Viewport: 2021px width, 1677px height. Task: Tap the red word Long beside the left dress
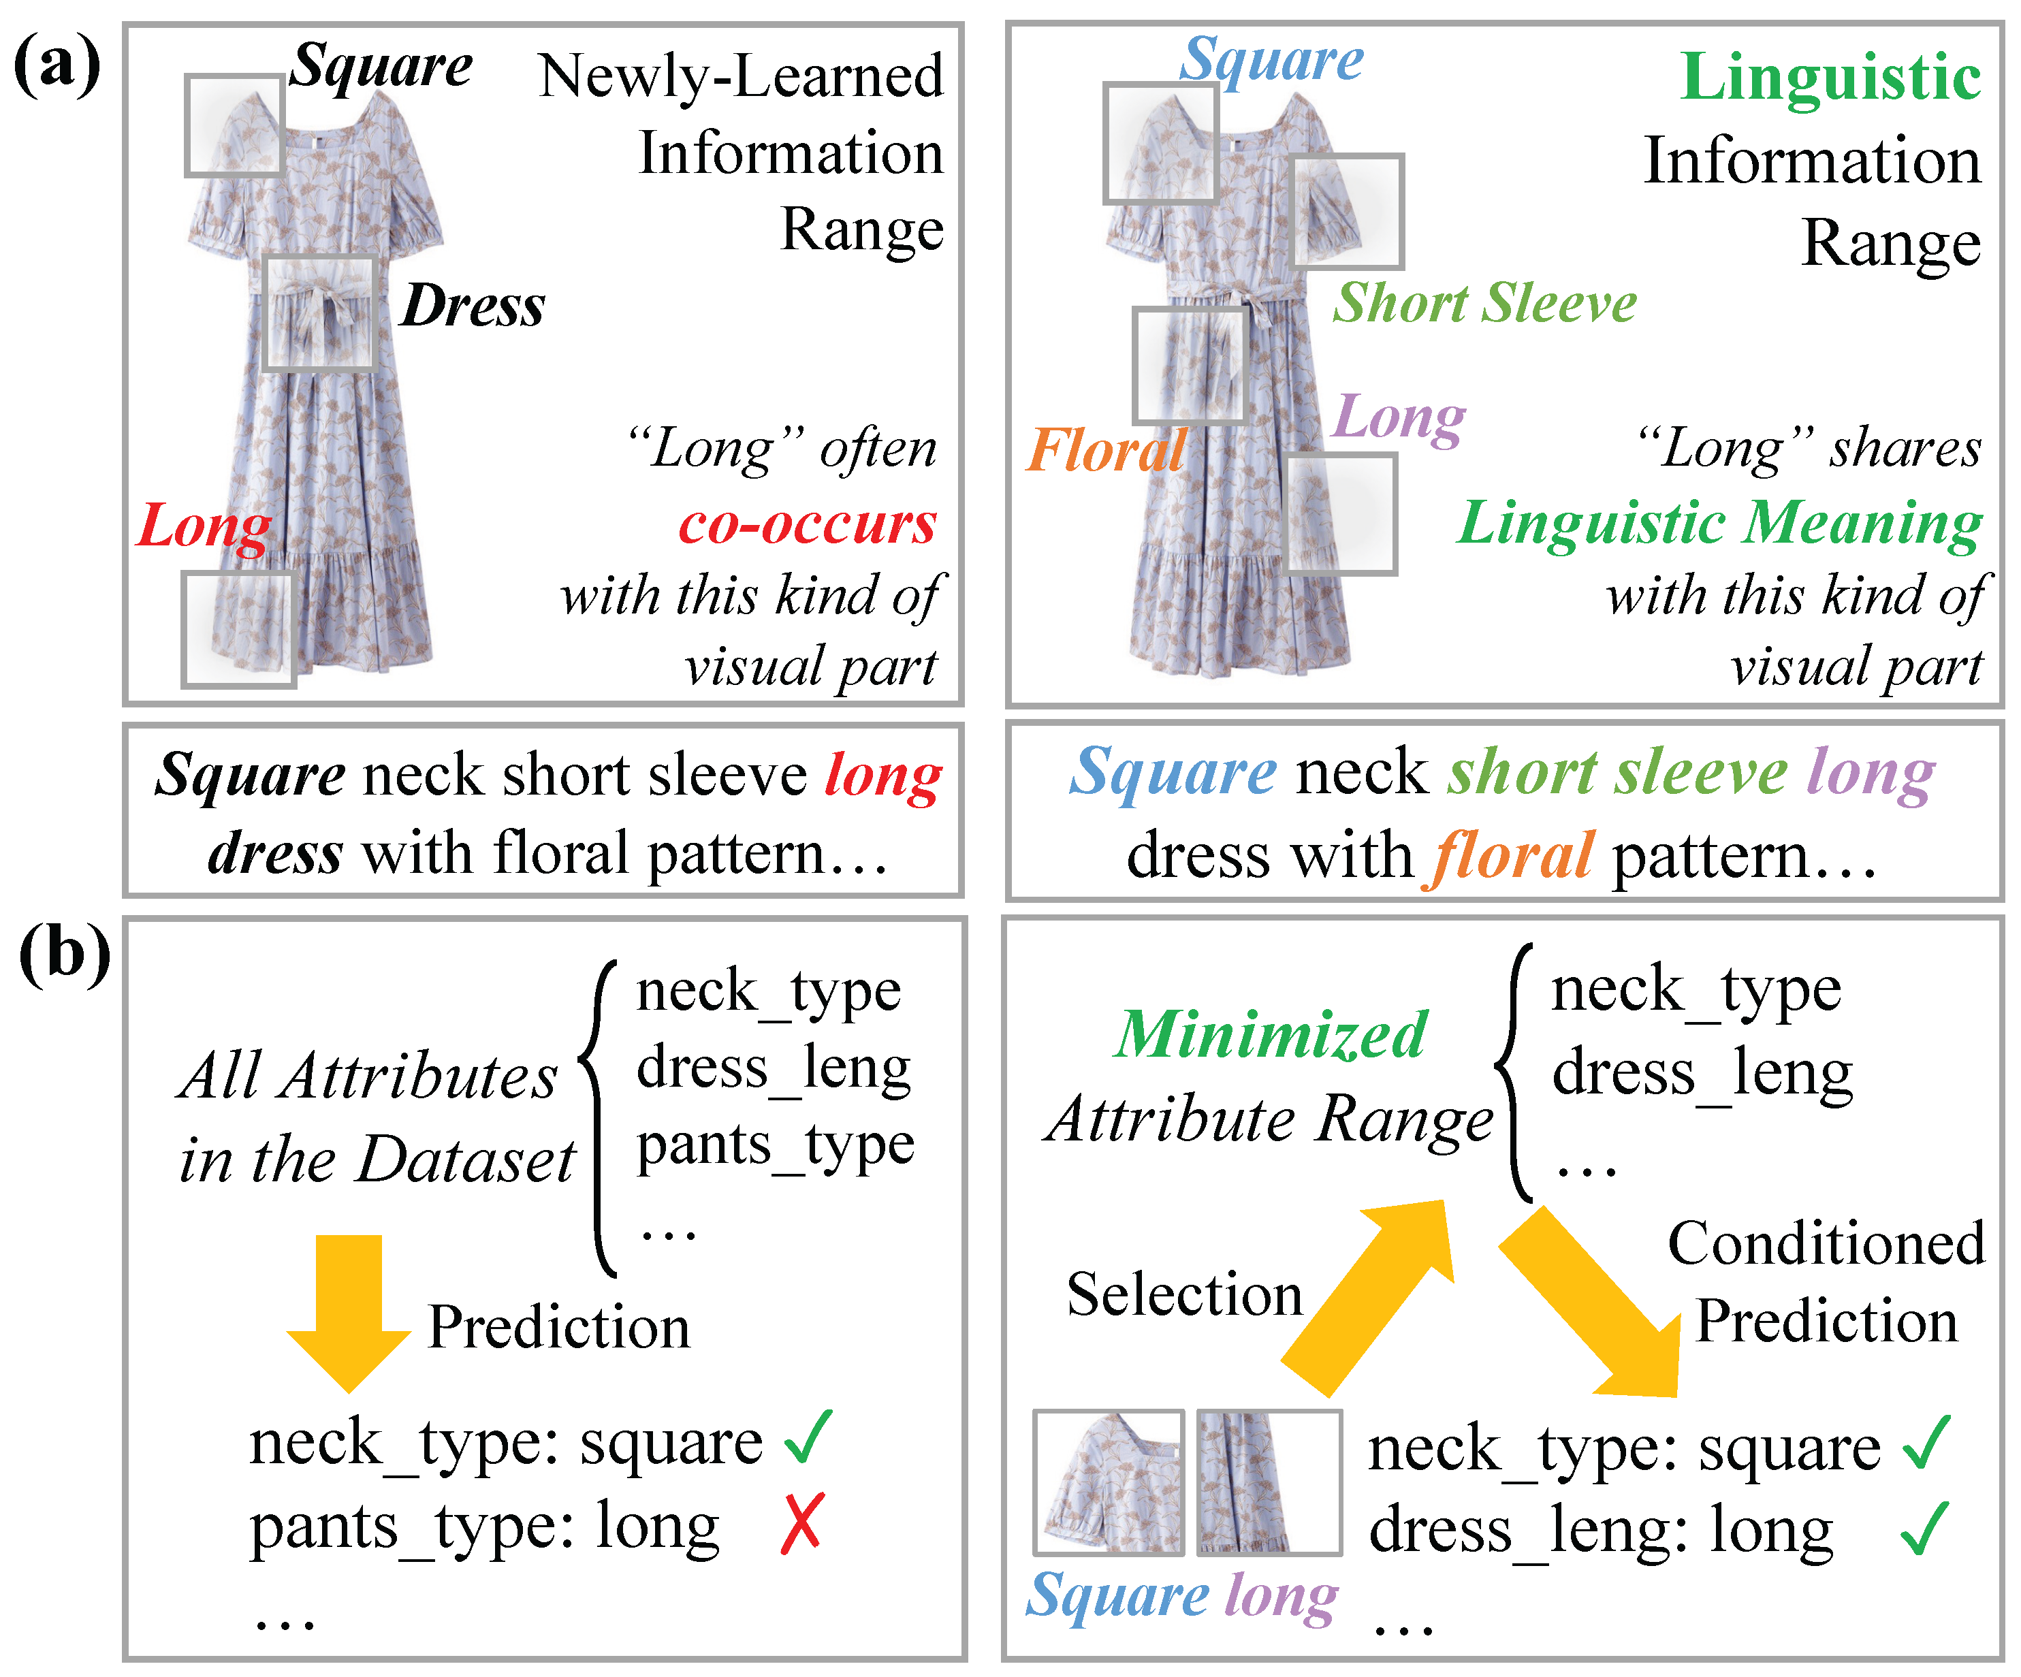[x=204, y=526]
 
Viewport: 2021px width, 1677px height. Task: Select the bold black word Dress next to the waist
[x=473, y=306]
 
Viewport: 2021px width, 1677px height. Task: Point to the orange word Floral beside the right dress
[x=1106, y=449]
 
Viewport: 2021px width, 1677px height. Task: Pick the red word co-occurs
[x=806, y=524]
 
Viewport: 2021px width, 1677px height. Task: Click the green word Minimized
[x=1271, y=1035]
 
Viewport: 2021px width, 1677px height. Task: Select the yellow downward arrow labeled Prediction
[x=349, y=1313]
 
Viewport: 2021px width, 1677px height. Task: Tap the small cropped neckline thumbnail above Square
[x=1109, y=1482]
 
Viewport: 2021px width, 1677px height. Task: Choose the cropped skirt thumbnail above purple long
[x=1269, y=1482]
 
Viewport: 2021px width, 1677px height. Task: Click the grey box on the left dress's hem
[x=239, y=629]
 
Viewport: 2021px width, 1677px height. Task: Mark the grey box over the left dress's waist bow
[x=319, y=313]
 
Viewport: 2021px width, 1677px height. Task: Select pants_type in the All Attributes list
[x=775, y=1145]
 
